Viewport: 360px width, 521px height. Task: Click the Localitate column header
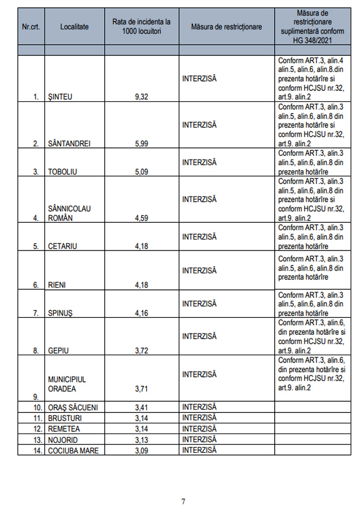pos(74,27)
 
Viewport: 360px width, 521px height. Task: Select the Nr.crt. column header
pos(30,27)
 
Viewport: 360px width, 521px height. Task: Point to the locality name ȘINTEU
pos(60,97)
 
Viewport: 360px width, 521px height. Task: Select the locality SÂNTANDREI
pos(69,144)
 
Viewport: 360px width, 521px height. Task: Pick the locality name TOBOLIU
pos(62,171)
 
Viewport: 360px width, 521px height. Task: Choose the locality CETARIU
pos(63,246)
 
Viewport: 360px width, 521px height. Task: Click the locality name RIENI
pos(57,285)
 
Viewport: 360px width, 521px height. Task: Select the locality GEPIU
pos(58,350)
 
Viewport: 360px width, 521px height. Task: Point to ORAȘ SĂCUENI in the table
pos(73,408)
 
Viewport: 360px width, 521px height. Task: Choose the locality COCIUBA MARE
pos(73,451)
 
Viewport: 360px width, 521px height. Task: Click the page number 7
pos(183,502)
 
